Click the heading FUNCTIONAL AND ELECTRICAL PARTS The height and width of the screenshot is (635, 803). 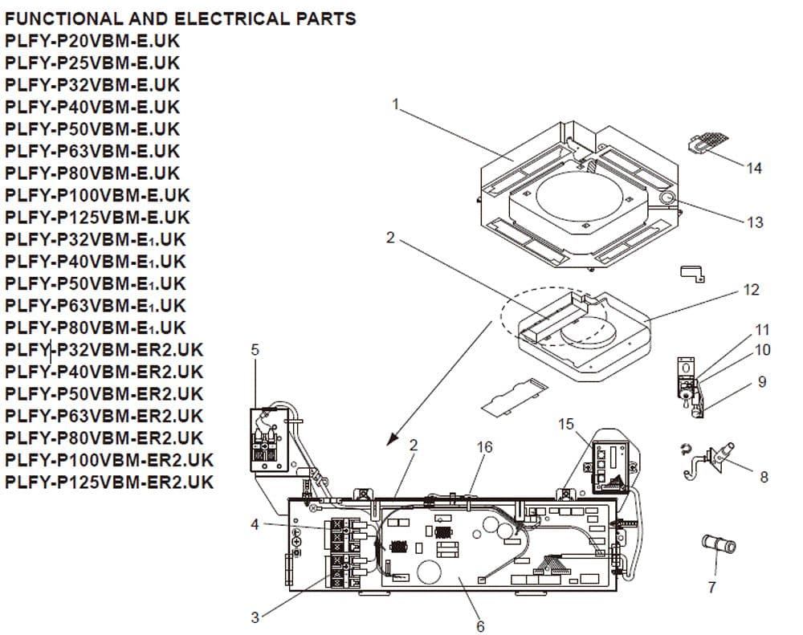coord(181,18)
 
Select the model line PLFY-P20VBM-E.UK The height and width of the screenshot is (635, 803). coord(92,41)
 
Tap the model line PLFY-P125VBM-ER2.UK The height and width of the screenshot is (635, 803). coord(109,482)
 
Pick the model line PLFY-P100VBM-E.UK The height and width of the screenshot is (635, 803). coord(97,195)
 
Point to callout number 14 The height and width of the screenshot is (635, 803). coord(753,169)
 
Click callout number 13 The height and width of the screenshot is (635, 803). coord(754,222)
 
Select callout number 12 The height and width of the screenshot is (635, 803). coord(751,290)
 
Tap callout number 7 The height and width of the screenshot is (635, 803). coord(711,588)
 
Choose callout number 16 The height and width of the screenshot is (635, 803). coord(484,447)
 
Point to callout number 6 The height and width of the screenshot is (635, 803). coord(480,626)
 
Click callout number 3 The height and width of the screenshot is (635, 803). coord(255,617)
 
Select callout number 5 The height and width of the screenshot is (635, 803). coord(255,350)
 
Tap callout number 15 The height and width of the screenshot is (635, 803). coord(567,424)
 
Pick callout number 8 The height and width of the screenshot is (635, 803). coord(764,477)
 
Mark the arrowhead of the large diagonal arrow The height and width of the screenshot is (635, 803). coord(391,440)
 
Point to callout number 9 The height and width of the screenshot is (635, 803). coord(761,383)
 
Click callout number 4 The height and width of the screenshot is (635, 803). coord(255,524)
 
